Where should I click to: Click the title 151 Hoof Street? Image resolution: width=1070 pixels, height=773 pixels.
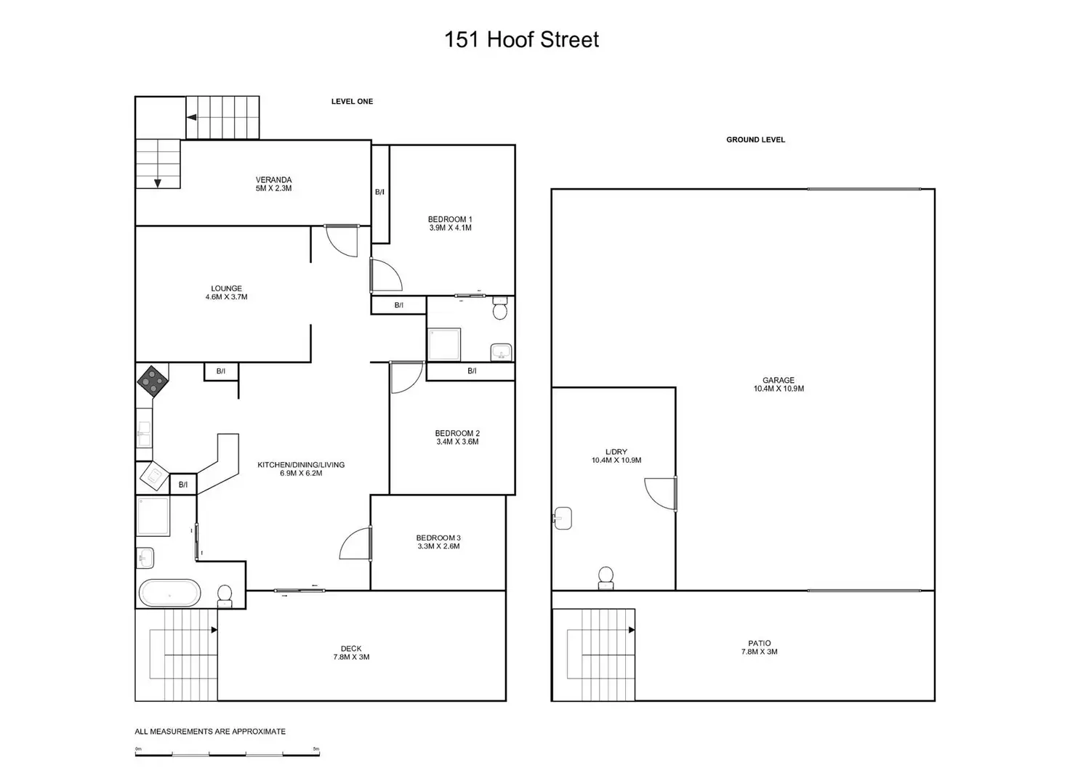[521, 39]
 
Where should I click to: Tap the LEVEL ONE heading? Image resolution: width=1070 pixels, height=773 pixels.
[352, 102]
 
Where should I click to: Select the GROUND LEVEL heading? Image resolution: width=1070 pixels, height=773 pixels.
[755, 139]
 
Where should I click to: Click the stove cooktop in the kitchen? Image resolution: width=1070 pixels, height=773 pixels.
[152, 380]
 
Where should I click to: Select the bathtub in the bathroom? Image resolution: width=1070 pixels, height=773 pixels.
[169, 593]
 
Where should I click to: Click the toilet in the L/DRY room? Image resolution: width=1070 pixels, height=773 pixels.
[606, 578]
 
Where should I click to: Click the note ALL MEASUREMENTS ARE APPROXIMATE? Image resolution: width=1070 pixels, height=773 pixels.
[210, 732]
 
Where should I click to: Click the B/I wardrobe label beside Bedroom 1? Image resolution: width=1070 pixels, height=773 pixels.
[379, 193]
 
